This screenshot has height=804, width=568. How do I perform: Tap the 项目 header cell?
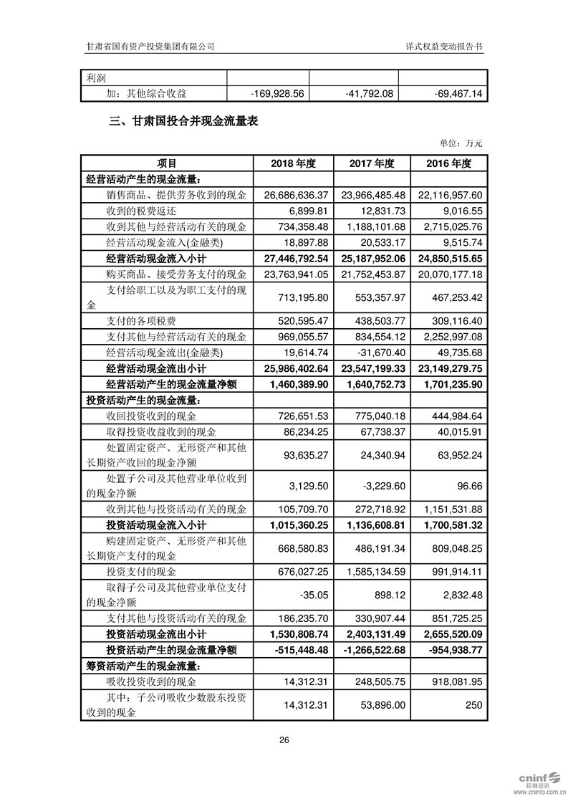tap(167, 163)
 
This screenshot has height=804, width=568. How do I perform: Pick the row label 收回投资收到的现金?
tap(150, 416)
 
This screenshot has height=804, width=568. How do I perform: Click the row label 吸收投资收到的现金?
tap(150, 681)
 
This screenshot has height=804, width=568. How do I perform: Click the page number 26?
tap(284, 740)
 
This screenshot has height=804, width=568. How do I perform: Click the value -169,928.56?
tap(278, 94)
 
